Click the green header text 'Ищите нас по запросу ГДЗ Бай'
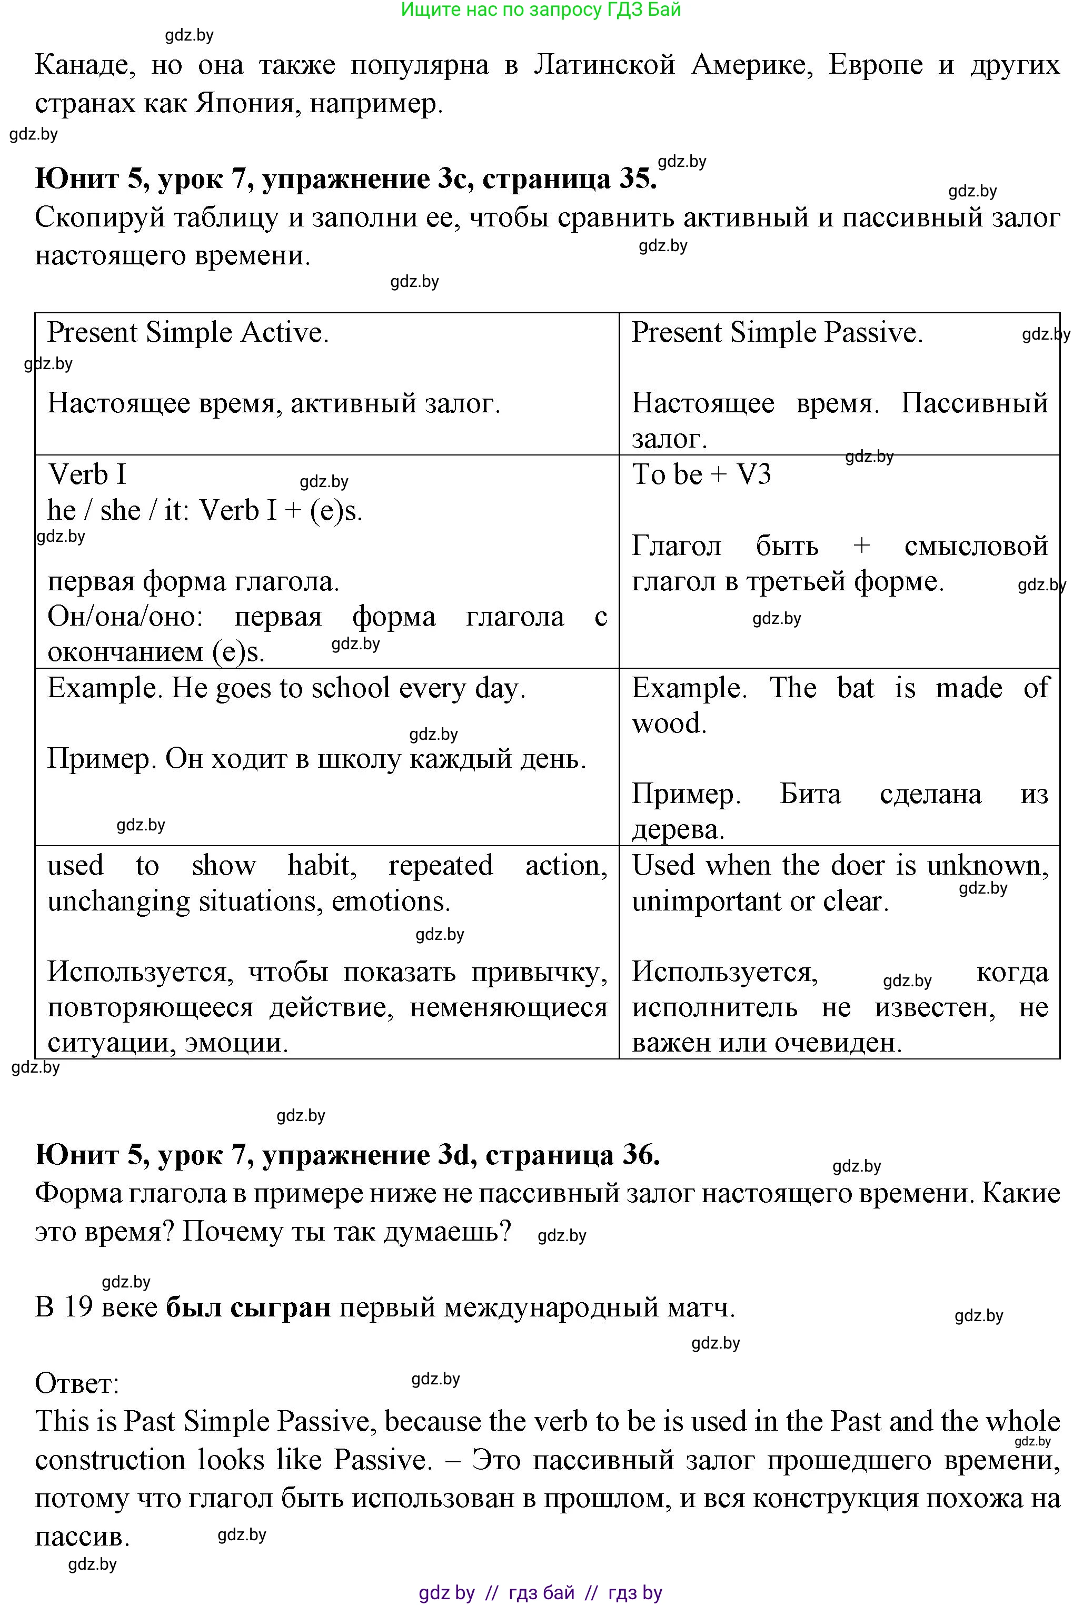click(x=541, y=9)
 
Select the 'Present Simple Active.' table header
click(x=188, y=333)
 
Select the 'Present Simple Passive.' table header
click(x=777, y=333)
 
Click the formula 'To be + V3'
click(x=701, y=475)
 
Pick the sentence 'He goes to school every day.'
click(x=348, y=689)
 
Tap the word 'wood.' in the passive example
click(x=669, y=724)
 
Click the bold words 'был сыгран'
click(x=249, y=1307)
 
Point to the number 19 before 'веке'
click(x=77, y=1307)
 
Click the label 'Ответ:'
click(x=77, y=1383)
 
